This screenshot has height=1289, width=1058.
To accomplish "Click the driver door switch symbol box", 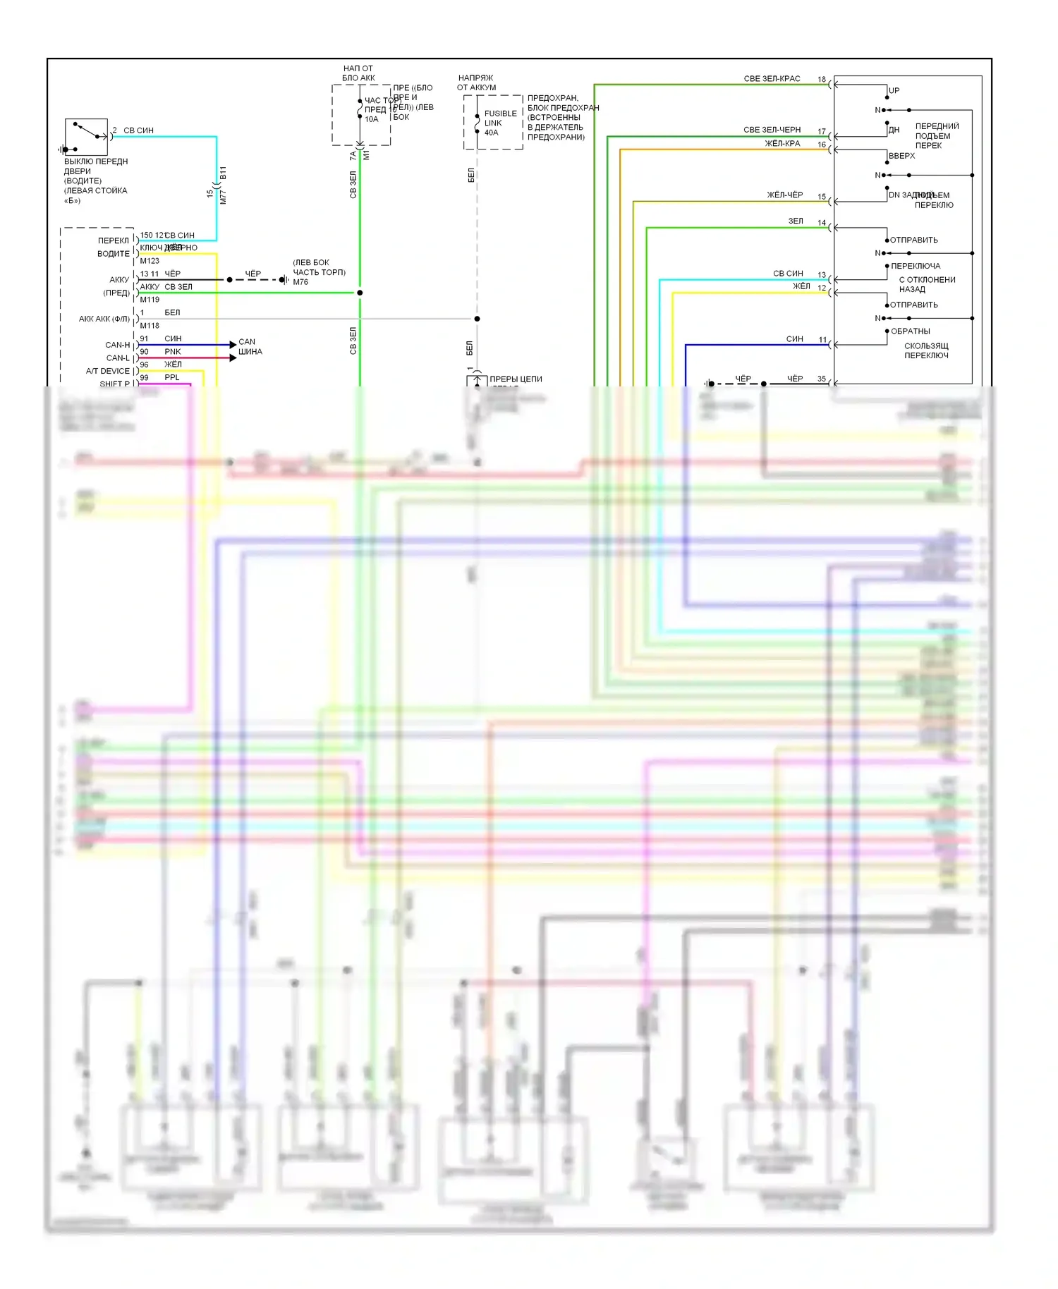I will pos(86,137).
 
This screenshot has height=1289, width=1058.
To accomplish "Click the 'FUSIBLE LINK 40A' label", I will pos(500,123).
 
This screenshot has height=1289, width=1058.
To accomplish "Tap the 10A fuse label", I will pos(372,119).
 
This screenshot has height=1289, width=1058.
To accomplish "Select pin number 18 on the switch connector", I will pos(822,80).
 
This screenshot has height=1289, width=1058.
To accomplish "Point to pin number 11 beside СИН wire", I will pos(822,340).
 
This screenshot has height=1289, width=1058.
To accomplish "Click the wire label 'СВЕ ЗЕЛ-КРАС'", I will pos(772,79).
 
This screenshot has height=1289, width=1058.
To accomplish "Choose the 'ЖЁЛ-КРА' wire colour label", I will pos(782,144).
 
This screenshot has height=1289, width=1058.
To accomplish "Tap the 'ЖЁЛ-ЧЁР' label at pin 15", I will pos(784,195).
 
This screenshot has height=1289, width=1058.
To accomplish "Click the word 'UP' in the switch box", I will pos(894,91).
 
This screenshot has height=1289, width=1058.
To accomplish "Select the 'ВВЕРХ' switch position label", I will pos(901,156).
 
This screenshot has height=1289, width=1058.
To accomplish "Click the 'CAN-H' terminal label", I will pos(117,345).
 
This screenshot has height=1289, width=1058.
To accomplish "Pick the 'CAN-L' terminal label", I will pos(118,358).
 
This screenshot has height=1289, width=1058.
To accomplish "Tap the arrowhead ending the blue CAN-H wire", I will pos(233,345).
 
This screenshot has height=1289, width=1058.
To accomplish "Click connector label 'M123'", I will pos(150,261).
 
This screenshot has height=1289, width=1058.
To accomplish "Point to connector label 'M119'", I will pos(150,300).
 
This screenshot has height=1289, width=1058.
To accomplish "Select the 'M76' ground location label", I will pos(300,282).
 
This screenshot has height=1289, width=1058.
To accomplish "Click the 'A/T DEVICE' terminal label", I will pos(108,371).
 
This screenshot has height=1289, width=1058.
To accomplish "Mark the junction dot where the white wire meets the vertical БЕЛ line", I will pos(477,319).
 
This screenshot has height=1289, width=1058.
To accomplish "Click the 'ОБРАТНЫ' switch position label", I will pos(910,331).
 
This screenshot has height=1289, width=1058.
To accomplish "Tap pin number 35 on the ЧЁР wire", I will pos(822,379).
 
